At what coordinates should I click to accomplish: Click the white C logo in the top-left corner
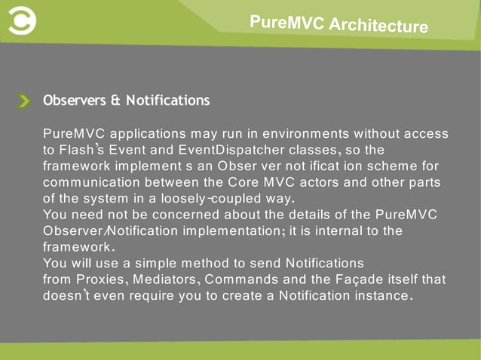[20, 22]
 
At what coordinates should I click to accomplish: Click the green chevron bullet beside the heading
[24, 101]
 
